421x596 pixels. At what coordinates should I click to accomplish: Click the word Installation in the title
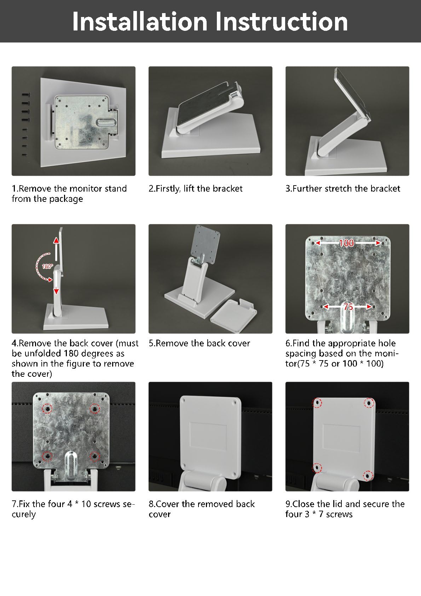click(x=140, y=22)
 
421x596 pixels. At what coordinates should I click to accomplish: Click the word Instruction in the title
click(x=282, y=22)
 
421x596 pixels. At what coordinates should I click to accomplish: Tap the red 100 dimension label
click(x=346, y=243)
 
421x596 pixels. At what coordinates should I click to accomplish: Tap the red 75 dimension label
click(x=348, y=307)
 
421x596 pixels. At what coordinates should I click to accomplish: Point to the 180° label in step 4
click(x=47, y=266)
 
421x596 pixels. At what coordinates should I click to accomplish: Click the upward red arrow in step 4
click(x=56, y=249)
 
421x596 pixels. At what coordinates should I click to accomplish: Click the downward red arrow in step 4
click(x=56, y=286)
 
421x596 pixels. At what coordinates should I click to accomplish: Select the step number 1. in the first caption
click(x=15, y=188)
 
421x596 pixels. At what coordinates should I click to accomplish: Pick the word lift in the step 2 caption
click(x=189, y=188)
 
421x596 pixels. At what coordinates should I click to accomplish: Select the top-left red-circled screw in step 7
click(x=47, y=408)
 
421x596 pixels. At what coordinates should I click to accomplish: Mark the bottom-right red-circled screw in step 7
click(x=94, y=456)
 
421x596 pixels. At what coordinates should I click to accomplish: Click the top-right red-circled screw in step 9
click(x=369, y=403)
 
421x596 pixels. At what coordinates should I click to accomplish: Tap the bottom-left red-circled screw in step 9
click(x=317, y=467)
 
